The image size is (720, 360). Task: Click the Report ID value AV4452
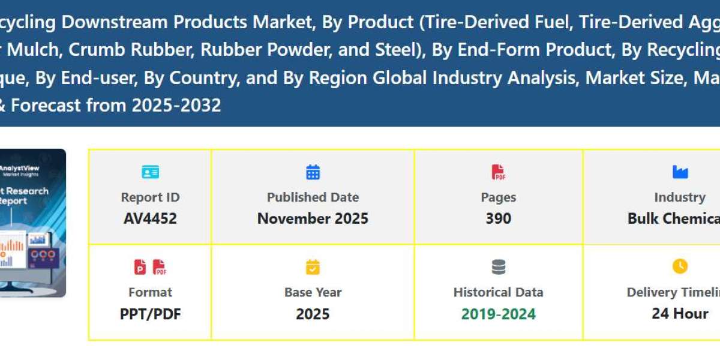pyautogui.click(x=150, y=218)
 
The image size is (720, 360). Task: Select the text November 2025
pyautogui.click(x=313, y=218)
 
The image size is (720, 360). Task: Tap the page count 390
pyautogui.click(x=498, y=218)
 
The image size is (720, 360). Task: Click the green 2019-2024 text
pyautogui.click(x=498, y=314)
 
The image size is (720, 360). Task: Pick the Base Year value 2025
pyautogui.click(x=313, y=314)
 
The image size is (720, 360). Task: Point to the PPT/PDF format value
pyautogui.click(x=150, y=314)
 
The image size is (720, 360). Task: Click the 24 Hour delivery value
pyautogui.click(x=680, y=314)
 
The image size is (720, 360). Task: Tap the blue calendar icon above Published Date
pyautogui.click(x=313, y=173)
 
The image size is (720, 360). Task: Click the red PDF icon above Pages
pyautogui.click(x=498, y=173)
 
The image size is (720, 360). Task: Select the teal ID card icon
pyautogui.click(x=150, y=173)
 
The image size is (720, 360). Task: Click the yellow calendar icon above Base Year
pyautogui.click(x=313, y=267)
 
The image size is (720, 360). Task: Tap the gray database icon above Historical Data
pyautogui.click(x=498, y=267)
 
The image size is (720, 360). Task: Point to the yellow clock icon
pyautogui.click(x=680, y=266)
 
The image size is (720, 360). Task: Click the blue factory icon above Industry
pyautogui.click(x=680, y=173)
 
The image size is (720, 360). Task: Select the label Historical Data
pyautogui.click(x=498, y=292)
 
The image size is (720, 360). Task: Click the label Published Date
pyautogui.click(x=313, y=197)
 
